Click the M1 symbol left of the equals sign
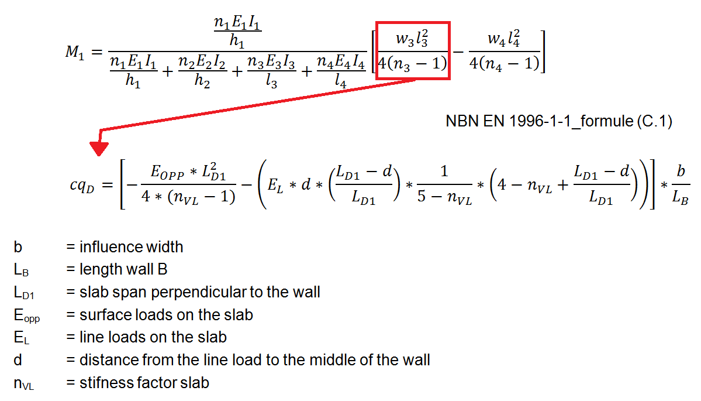75,53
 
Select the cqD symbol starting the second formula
82,185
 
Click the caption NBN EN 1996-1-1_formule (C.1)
559,121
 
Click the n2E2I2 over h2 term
202,71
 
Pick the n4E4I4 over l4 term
341,71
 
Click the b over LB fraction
681,184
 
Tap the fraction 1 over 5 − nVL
444,184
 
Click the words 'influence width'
132,247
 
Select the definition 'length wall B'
123,269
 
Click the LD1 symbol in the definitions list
24,293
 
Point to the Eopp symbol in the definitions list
27,316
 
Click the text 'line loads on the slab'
153,337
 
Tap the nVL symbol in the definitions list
24,384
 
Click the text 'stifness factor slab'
144,383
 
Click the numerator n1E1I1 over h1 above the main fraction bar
237,32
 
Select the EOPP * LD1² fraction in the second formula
188,184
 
